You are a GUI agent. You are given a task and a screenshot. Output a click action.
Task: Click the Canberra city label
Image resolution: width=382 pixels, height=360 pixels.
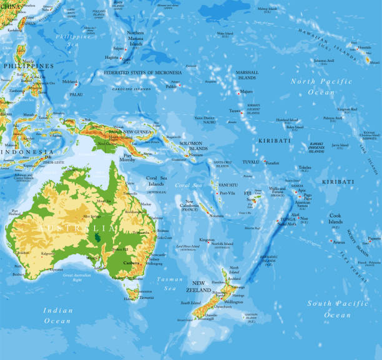(132, 263)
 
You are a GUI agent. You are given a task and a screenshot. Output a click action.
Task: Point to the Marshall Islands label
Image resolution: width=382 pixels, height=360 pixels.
(247, 75)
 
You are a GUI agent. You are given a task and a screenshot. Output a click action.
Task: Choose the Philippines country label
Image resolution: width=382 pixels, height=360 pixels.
(27, 66)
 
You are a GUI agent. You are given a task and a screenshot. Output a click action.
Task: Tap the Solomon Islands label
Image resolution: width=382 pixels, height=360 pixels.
(193, 146)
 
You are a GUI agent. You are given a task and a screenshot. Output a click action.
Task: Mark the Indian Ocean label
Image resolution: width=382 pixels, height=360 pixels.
(57, 315)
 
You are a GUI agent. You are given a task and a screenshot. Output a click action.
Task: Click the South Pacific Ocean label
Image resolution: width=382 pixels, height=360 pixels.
(338, 309)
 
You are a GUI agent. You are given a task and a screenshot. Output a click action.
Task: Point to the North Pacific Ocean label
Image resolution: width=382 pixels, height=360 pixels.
(321, 86)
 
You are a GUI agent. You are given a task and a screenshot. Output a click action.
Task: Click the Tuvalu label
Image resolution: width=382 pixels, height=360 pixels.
(250, 162)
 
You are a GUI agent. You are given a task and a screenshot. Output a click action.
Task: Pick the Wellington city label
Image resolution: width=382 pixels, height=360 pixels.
(233, 302)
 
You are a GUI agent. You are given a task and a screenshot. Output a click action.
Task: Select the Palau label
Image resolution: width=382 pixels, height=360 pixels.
(76, 94)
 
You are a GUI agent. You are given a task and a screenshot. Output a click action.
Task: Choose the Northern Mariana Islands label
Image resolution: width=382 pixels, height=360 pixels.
(135, 38)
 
